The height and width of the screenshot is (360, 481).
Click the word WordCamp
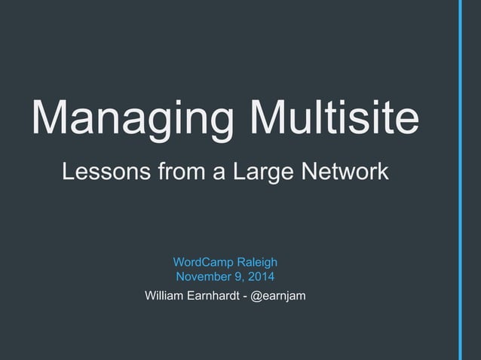coord(203,262)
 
